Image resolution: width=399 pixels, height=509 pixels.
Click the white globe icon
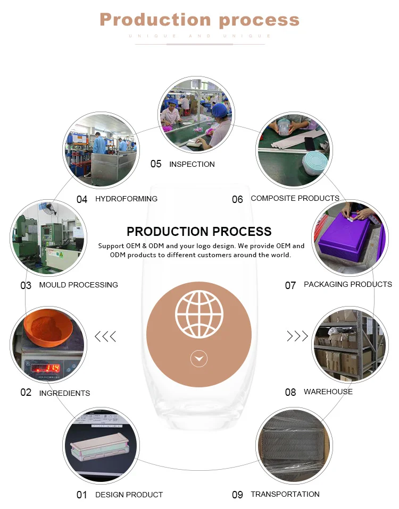[x=199, y=314]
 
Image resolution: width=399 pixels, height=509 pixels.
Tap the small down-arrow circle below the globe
[x=199, y=359]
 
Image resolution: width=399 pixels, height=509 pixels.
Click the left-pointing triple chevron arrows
[x=105, y=336]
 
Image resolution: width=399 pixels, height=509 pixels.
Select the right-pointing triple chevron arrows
[x=297, y=336]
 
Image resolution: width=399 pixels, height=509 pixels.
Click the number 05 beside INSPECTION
[x=156, y=164]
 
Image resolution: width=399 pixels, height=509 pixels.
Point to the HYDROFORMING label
[x=126, y=199]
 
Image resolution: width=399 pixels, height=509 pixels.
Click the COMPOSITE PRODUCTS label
[x=295, y=198]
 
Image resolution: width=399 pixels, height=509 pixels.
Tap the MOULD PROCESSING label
[x=78, y=285]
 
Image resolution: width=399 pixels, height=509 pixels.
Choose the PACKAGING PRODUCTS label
[x=347, y=284]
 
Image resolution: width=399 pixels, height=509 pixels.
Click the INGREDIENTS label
[x=64, y=393]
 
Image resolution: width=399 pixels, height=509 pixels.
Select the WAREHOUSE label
[x=328, y=392]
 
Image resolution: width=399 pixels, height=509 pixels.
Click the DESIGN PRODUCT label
[x=129, y=495]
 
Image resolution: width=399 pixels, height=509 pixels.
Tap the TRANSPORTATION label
[x=285, y=494]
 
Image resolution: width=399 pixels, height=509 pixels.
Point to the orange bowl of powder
[x=49, y=326]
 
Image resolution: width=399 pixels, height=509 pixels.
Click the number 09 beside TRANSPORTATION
[x=237, y=495]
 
